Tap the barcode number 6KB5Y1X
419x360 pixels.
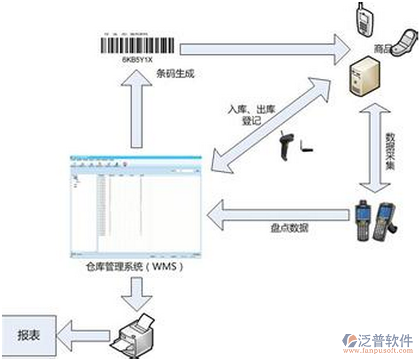click(x=137, y=60)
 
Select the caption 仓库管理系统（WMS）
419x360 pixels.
click(x=135, y=267)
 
